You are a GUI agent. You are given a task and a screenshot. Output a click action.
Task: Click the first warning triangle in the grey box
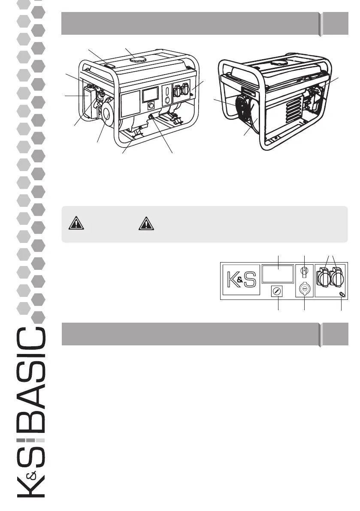click(x=76, y=224)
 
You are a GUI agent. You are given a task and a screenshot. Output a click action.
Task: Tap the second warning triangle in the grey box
click(x=146, y=224)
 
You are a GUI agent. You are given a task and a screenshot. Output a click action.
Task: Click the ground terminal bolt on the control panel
click(x=342, y=294)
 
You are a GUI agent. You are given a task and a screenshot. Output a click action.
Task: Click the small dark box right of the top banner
click(x=335, y=23)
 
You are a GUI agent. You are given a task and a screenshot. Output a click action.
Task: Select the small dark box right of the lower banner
click(x=335, y=334)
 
